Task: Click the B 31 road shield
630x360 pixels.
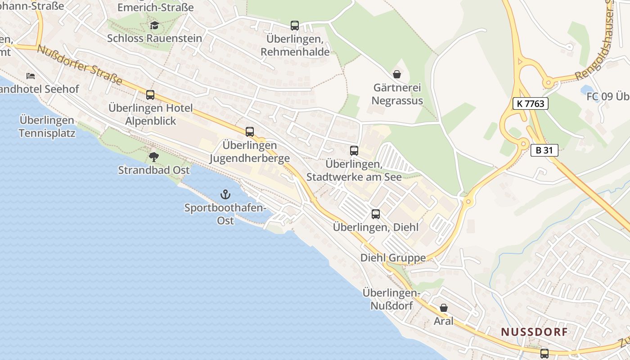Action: (544, 150)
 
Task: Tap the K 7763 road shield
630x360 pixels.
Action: (530, 103)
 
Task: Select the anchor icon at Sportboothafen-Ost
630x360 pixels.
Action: (225, 194)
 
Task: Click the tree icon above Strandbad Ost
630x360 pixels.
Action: (154, 157)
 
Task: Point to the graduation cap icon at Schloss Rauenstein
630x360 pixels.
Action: (154, 25)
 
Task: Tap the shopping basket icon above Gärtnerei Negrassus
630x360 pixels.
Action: (397, 74)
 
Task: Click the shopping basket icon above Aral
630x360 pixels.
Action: (444, 308)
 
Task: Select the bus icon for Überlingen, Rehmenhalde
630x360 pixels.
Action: (295, 26)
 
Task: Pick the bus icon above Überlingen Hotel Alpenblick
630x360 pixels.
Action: (150, 95)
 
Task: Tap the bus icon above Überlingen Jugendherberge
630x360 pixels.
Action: (250, 132)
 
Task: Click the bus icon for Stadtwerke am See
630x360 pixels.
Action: (354, 151)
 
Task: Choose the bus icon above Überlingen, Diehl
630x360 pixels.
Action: (376, 214)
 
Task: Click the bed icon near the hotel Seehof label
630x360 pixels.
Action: (31, 76)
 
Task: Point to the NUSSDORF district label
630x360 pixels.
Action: (535, 332)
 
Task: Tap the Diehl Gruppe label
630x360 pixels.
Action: (393, 258)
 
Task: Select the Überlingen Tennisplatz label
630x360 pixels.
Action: (47, 127)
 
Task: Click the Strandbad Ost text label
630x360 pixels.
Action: (154, 170)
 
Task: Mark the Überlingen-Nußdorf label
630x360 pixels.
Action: (391, 299)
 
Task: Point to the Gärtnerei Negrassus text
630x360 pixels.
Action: (398, 94)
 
